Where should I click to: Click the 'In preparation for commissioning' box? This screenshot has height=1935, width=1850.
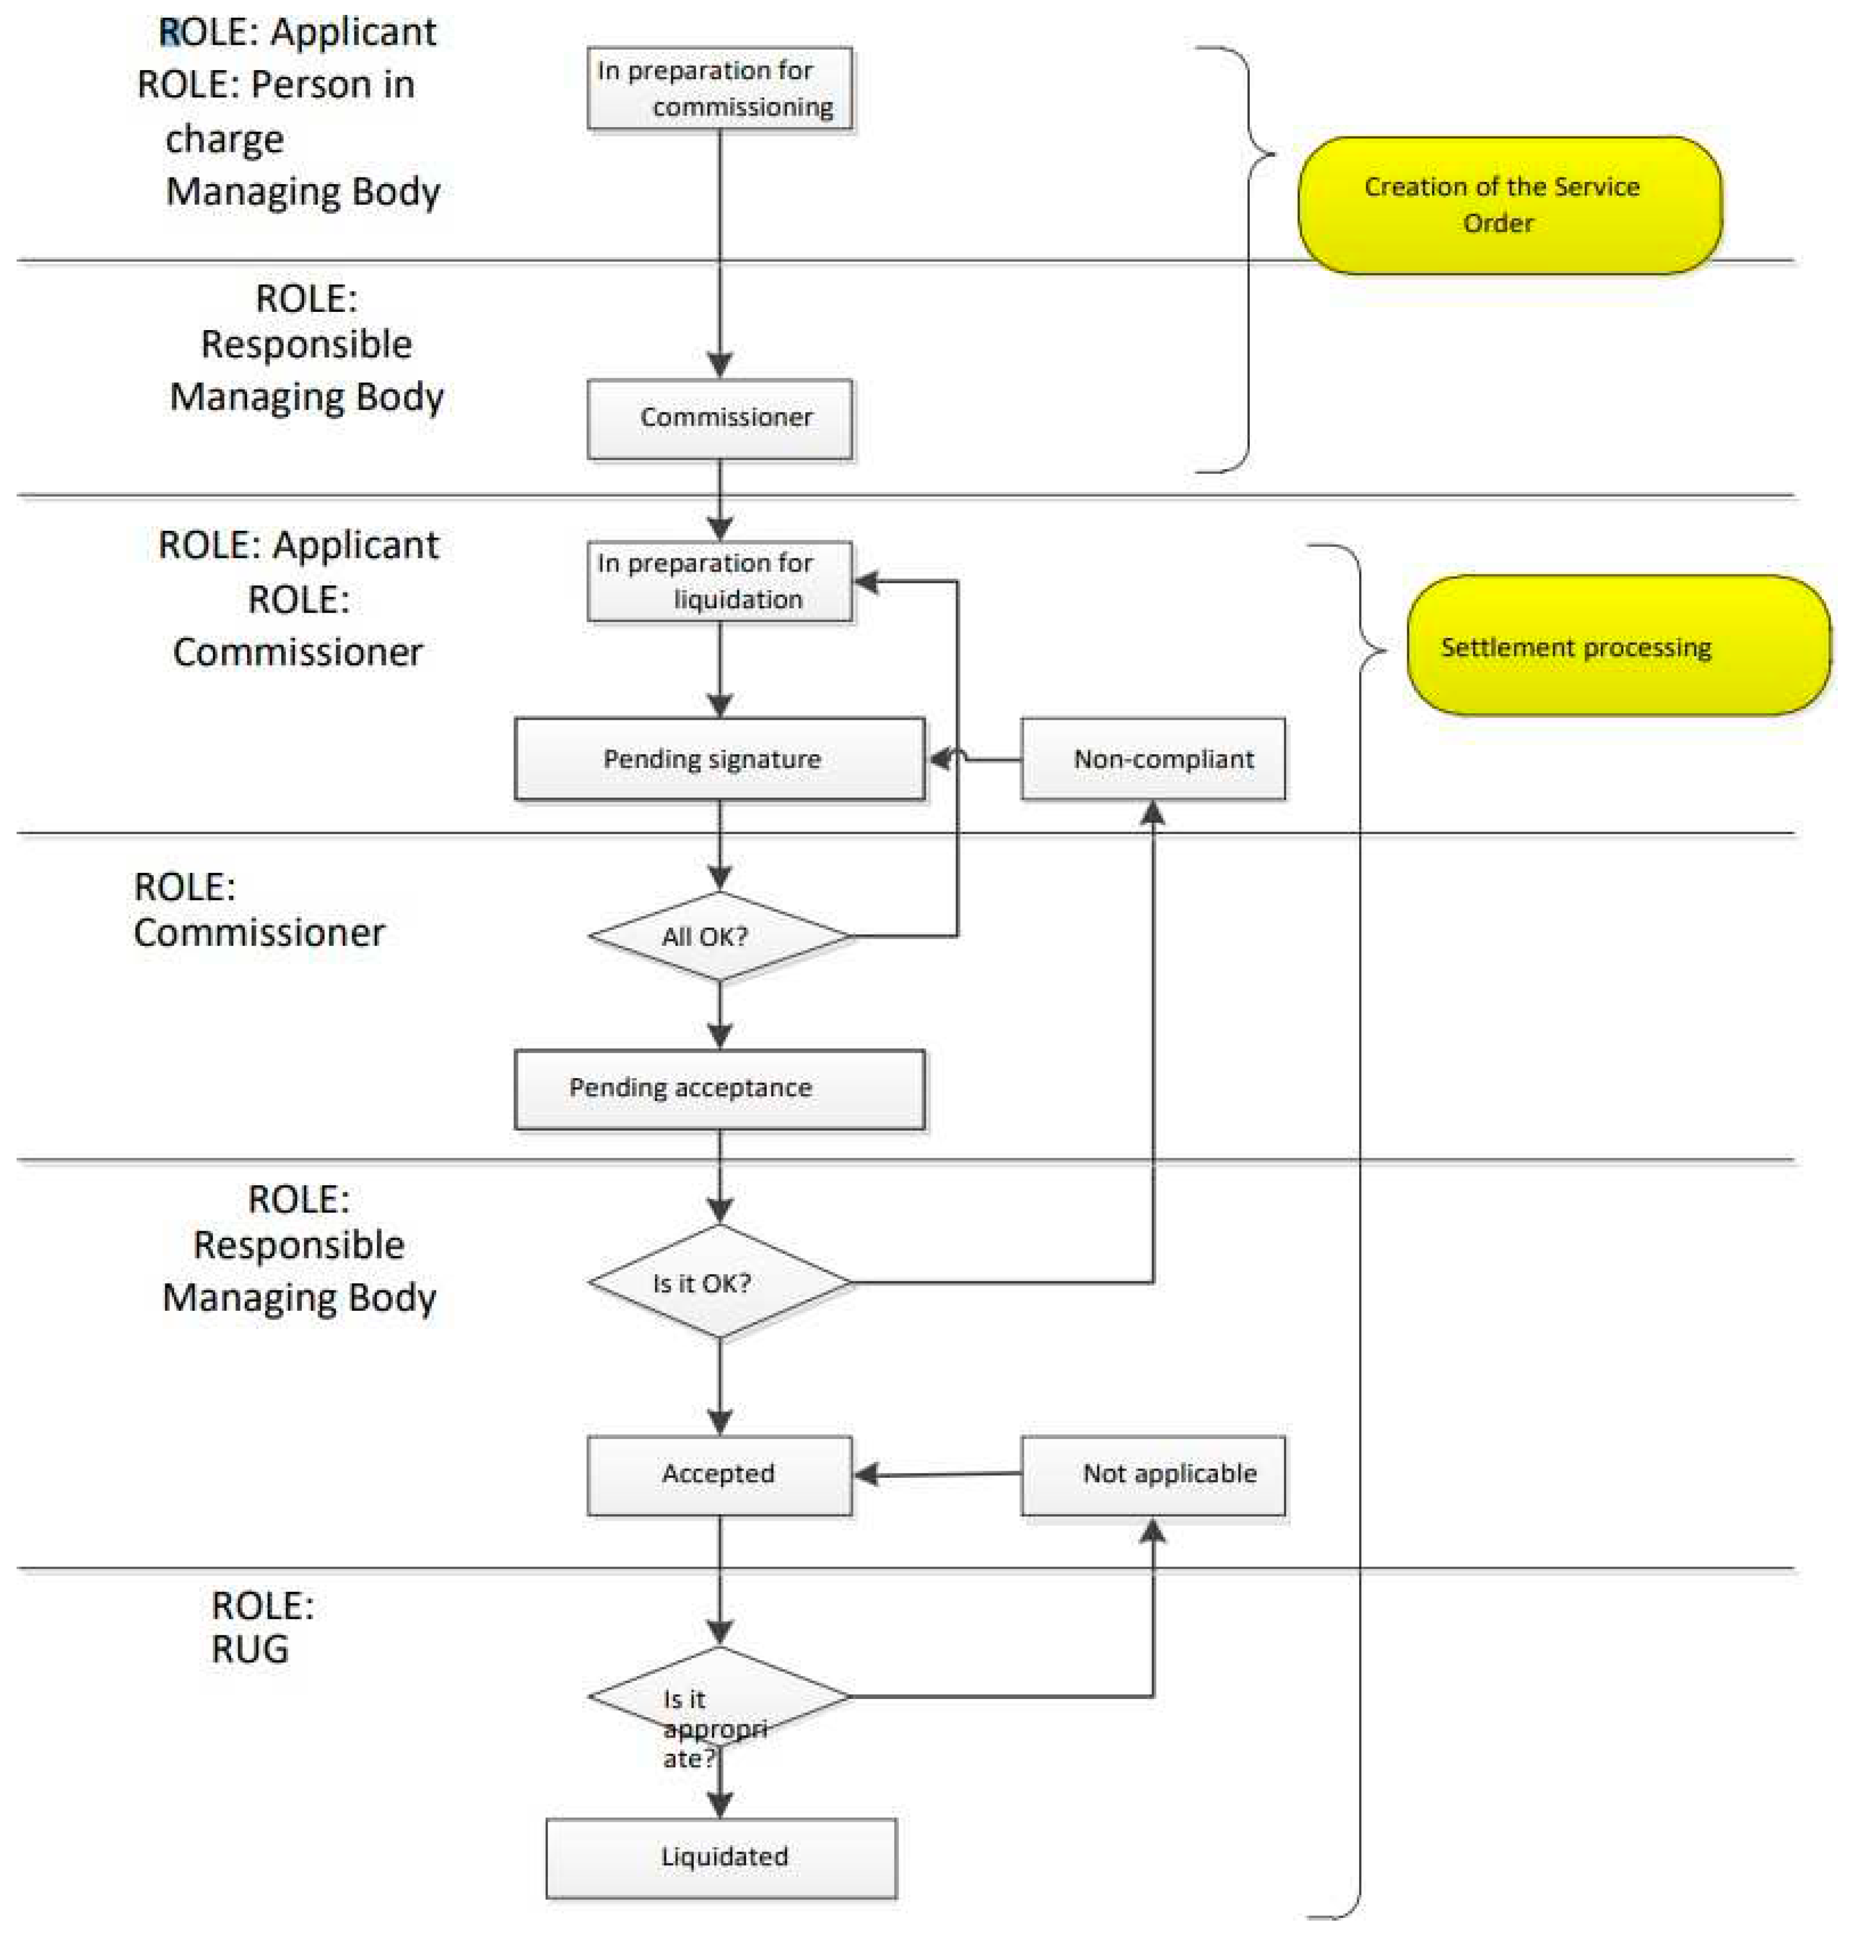click(719, 88)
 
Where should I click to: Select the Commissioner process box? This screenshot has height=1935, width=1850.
click(719, 418)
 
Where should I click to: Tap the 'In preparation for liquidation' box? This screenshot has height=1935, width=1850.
click(719, 581)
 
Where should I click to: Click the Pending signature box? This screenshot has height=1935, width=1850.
click(719, 759)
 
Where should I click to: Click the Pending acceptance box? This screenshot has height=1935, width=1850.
click(719, 1088)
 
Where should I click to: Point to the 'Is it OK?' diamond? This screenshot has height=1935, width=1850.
click(719, 1282)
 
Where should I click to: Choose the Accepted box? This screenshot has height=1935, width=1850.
click(719, 1473)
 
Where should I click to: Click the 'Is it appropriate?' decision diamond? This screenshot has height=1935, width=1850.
click(719, 1696)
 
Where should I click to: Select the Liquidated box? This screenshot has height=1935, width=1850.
click(721, 1856)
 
